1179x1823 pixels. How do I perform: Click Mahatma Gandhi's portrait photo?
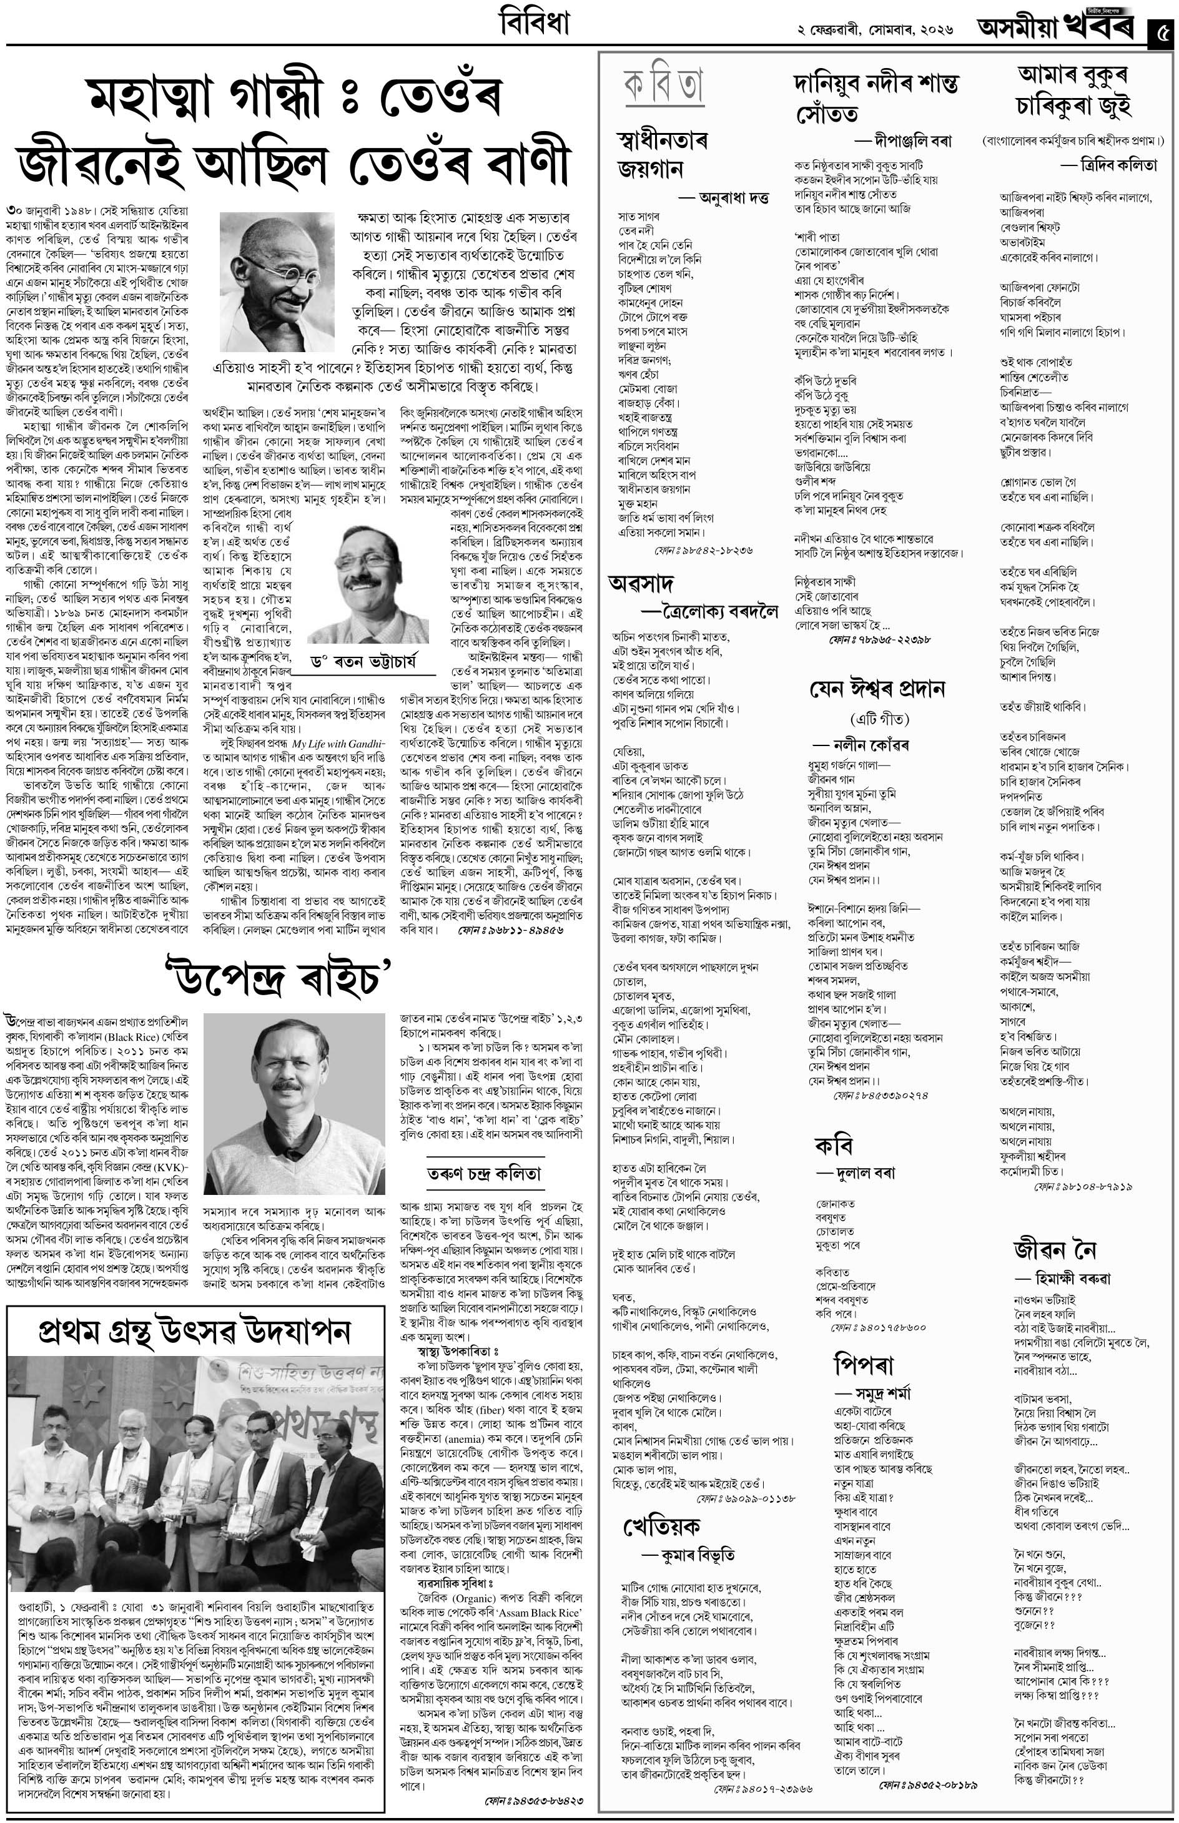277,282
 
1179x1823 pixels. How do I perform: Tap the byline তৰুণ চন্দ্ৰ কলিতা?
484,1173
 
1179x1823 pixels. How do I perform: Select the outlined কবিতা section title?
664,85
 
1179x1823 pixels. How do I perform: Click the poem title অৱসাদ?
641,583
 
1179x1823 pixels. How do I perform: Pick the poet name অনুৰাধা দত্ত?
733,198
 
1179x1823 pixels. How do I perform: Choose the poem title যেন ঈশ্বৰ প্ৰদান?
877,689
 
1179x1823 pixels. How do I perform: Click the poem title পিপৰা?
864,1363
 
